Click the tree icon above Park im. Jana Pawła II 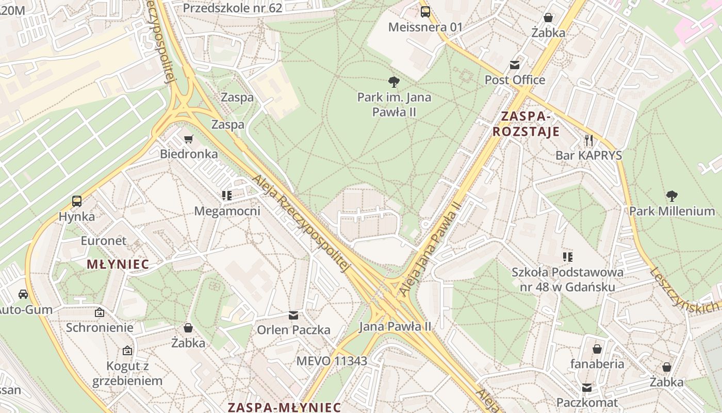point(394,82)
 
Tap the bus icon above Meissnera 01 point(425,12)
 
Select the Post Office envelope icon point(515,65)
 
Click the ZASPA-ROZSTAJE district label point(526,123)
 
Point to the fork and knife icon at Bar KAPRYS point(589,140)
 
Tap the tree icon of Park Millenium point(671,196)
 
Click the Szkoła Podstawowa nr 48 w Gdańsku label point(567,279)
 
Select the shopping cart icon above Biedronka point(189,139)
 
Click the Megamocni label point(227,211)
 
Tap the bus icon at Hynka point(77,201)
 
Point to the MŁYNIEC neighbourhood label point(118,265)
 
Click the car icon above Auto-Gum point(23,294)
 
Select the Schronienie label point(100,327)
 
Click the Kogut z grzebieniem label point(127,373)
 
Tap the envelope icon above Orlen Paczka point(293,315)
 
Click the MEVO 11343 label point(332,361)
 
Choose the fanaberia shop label point(597,364)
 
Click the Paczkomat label point(587,403)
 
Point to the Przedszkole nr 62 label point(233,8)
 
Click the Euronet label point(103,241)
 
